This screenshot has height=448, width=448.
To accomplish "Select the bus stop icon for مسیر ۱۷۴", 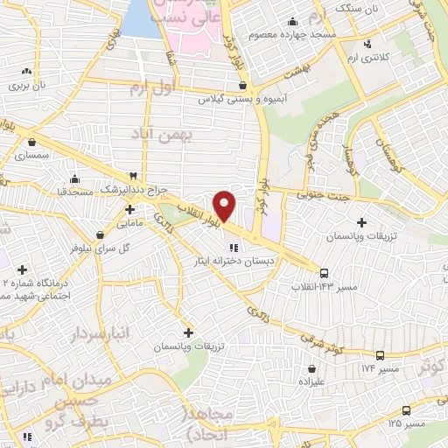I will pyautogui.click(x=380, y=355).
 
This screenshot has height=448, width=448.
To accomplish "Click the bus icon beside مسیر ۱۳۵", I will pyautogui.click(x=405, y=409).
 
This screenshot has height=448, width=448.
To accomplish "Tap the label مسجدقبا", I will pyautogui.click(x=64, y=190).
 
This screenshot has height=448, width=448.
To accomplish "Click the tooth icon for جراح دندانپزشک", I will pyautogui.click(x=133, y=176).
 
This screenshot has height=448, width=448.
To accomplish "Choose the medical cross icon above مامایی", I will pyautogui.click(x=129, y=209).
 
